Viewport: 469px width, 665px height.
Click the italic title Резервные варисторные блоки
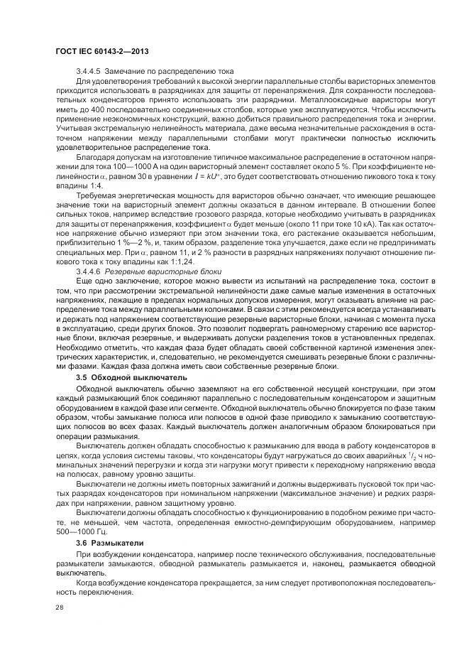coord(164,271)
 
